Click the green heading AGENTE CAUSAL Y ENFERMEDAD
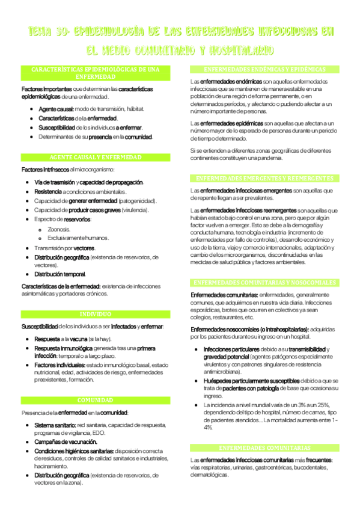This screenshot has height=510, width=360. (96, 157)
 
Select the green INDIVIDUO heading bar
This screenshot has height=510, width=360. (96, 314)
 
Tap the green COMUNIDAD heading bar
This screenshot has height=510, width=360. (96, 400)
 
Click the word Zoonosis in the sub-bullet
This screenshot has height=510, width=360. (58, 229)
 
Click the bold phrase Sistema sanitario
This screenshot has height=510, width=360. (54, 425)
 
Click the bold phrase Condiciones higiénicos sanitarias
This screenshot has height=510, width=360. (76, 450)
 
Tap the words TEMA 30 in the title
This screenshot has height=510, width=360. (47, 32)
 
